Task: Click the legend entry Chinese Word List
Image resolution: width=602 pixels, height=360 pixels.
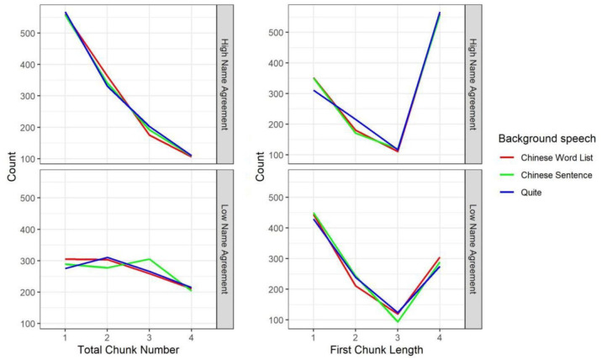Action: (557, 157)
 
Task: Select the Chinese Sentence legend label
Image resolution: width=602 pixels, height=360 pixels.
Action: (557, 175)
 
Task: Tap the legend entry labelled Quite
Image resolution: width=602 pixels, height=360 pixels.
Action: (531, 193)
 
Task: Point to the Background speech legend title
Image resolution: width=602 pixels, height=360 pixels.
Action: (547, 139)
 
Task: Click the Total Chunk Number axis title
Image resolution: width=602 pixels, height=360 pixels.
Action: (129, 350)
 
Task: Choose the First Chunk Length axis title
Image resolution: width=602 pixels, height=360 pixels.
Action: (377, 350)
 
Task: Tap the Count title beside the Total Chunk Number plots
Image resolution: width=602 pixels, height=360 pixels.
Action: (12, 167)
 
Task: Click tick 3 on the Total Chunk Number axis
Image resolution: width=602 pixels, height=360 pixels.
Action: (149, 338)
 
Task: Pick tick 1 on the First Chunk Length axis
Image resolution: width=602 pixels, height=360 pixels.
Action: (314, 338)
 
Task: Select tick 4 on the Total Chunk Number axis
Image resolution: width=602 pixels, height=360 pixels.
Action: (191, 338)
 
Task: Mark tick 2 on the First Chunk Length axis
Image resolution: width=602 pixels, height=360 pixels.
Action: (356, 338)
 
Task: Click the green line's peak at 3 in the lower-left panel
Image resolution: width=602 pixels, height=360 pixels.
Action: (149, 259)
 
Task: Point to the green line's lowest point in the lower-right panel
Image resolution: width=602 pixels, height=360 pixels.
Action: (398, 321)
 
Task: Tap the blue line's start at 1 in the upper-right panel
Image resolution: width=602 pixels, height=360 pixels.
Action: (314, 91)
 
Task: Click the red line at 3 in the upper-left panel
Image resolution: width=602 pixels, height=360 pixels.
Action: (149, 135)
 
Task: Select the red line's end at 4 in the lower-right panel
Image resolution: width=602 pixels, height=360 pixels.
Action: (440, 257)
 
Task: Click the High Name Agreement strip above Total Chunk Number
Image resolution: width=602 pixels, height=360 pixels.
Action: (225, 84)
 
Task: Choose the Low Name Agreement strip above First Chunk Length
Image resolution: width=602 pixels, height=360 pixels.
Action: (473, 249)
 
